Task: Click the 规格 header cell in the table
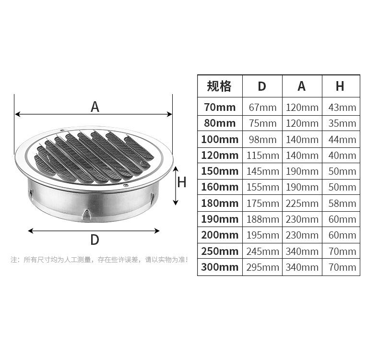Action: click(x=219, y=86)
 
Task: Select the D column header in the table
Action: click(x=262, y=86)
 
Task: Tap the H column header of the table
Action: click(x=340, y=86)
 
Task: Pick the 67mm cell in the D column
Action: click(x=262, y=108)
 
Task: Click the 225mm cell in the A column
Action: click(x=302, y=204)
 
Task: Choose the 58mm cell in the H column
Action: click(x=342, y=204)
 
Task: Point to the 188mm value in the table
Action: click(x=263, y=219)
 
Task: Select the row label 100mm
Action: click(x=220, y=140)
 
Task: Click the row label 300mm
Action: click(x=220, y=267)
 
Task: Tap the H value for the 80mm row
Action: click(x=342, y=123)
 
